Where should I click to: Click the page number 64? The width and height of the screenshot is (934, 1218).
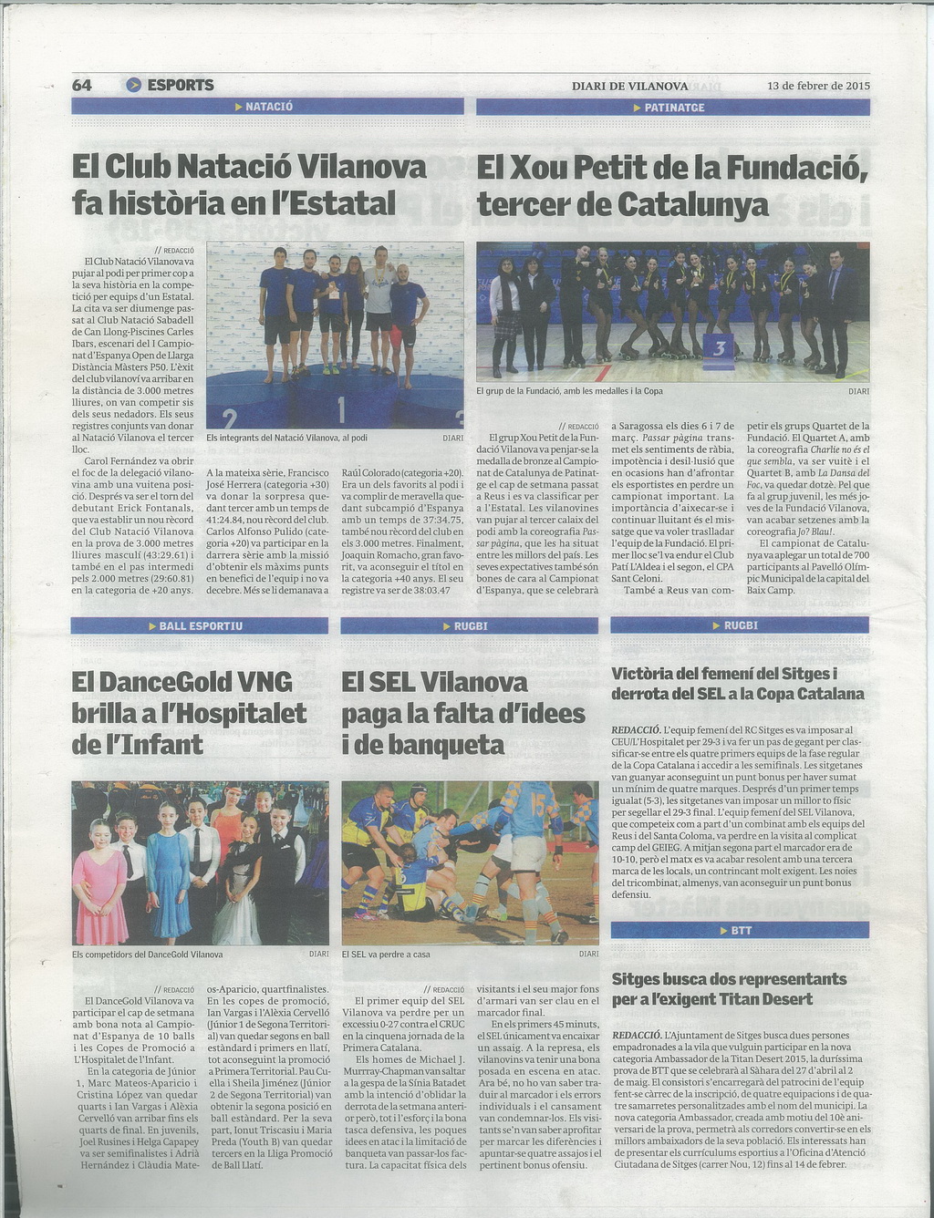[82, 85]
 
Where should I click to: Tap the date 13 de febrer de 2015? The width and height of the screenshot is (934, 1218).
[819, 86]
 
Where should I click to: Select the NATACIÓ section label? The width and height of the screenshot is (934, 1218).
[267, 107]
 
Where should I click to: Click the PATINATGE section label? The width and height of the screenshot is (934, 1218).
[673, 108]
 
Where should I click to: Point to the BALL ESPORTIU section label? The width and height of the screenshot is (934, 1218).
[200, 625]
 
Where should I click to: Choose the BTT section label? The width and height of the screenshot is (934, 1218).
[740, 931]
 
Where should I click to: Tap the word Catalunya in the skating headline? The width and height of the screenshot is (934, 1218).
[692, 204]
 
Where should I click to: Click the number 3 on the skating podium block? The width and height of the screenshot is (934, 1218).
[719, 348]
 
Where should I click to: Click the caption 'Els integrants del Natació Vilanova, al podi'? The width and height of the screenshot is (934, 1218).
[287, 438]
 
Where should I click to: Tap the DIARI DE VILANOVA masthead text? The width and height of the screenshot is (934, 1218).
[629, 86]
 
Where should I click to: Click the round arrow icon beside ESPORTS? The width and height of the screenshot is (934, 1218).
[134, 85]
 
